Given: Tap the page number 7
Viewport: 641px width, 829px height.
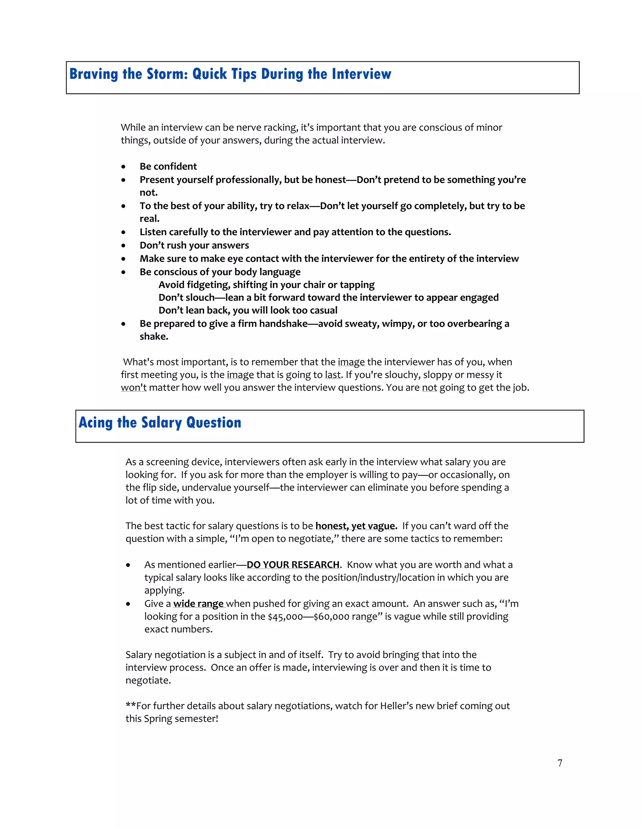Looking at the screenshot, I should tap(560, 763).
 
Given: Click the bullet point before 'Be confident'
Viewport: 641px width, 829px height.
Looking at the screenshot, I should tap(123, 167).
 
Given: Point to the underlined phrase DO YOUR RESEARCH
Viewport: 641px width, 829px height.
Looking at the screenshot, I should tap(293, 565).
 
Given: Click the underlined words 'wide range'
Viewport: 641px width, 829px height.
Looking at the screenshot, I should tap(198, 604).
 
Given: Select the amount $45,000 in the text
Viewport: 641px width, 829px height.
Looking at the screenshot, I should tap(285, 617).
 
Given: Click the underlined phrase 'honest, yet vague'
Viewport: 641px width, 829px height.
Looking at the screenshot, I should tap(356, 526).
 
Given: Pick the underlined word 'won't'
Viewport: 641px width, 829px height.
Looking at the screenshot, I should tap(134, 388).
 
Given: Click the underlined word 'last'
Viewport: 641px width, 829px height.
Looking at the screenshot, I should tap(333, 375).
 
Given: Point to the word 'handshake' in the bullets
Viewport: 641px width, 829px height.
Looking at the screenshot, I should tap(283, 324).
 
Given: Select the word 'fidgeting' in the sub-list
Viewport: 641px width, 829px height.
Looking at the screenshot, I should tap(208, 285).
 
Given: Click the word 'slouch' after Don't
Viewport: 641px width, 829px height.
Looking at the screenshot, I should tap(201, 298).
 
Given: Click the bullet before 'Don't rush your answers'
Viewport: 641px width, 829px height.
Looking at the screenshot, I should tap(123, 246).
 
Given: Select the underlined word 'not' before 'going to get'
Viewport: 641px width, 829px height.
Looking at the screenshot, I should tap(429, 388).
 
